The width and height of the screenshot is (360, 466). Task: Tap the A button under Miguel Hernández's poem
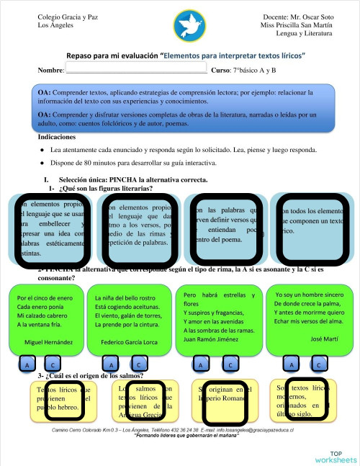[27, 366]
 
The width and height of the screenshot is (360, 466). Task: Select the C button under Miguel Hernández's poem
[52, 366]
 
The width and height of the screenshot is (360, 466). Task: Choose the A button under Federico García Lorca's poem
[112, 366]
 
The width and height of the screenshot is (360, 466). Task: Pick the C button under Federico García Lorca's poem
[138, 366]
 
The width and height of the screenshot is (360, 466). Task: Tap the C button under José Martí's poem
[317, 365]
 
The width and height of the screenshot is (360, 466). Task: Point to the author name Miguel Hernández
[48, 341]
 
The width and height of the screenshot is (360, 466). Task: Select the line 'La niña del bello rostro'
[124, 296]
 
